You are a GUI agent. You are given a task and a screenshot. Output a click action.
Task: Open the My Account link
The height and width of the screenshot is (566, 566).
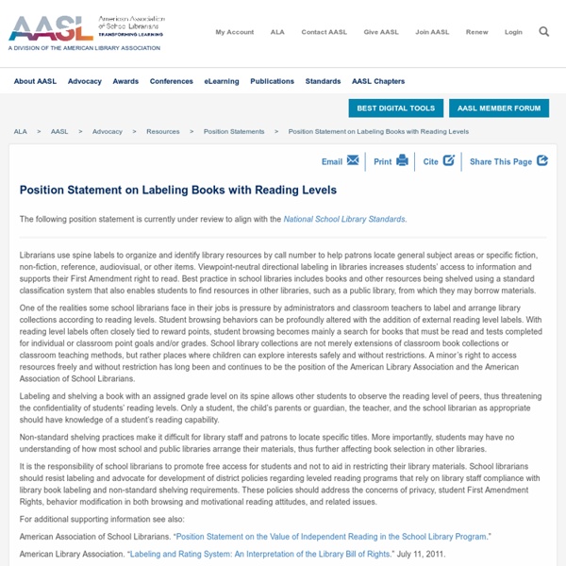coord(234,32)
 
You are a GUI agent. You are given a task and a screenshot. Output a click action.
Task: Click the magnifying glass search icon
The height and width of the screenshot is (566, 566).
coord(544,31)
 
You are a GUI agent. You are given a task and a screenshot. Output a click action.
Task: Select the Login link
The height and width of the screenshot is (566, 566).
coord(513,32)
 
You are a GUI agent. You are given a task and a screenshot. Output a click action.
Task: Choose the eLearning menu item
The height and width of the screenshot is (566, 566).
coord(222,82)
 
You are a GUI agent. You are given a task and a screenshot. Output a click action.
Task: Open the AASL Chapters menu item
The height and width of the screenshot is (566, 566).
coord(377,82)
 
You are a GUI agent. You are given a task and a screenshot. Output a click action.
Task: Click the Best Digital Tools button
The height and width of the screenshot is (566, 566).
coord(396,108)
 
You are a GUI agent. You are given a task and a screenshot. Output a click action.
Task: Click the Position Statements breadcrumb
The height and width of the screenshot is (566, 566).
coord(234,131)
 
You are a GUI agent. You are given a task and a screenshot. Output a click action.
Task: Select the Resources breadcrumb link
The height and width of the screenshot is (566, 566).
coord(163,131)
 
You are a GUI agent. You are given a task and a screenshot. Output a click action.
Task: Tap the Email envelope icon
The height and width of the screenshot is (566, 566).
coord(353,160)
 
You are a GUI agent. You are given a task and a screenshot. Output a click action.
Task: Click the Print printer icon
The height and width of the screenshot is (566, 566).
coord(403,160)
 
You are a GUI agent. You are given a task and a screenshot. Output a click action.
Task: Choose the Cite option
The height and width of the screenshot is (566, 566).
coord(449,160)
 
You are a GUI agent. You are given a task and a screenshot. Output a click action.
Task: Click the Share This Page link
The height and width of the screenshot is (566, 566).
coord(501,161)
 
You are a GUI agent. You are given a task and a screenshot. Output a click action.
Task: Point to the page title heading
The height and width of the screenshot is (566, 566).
coord(178,190)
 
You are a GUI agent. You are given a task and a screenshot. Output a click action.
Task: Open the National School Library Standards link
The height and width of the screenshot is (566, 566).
coord(344,219)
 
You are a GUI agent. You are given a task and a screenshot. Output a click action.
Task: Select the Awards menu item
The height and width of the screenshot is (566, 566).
coord(125,82)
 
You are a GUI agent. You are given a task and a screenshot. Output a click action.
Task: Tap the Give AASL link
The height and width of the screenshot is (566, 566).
coord(382,32)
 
